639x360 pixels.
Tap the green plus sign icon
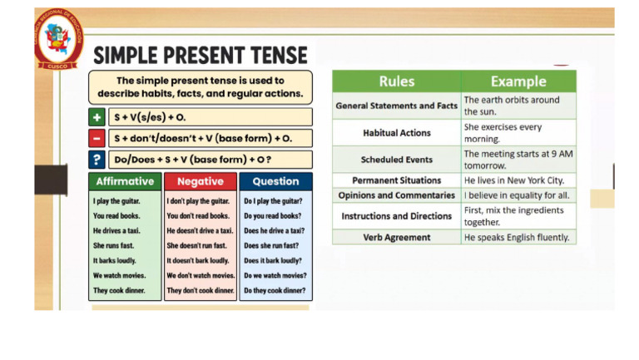pos(97,117)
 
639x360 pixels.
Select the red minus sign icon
pos(97,138)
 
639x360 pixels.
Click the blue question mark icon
pos(97,160)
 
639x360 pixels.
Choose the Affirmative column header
pos(125,181)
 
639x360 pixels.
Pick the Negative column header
pos(201,181)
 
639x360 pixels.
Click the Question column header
pos(275,181)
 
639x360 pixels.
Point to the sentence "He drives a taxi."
pos(116,230)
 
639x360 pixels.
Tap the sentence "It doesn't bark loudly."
pos(198,260)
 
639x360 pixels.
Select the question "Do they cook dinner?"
pos(274,290)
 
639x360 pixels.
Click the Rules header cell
pos(396,81)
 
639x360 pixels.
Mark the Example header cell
pos(518,81)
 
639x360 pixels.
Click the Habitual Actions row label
pos(397,133)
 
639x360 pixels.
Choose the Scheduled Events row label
pos(397,160)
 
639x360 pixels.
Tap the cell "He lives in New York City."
pos(514,180)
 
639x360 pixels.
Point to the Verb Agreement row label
pos(397,237)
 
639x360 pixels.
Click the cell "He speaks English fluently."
pos(517,237)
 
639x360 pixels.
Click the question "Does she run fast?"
pos(271,245)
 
